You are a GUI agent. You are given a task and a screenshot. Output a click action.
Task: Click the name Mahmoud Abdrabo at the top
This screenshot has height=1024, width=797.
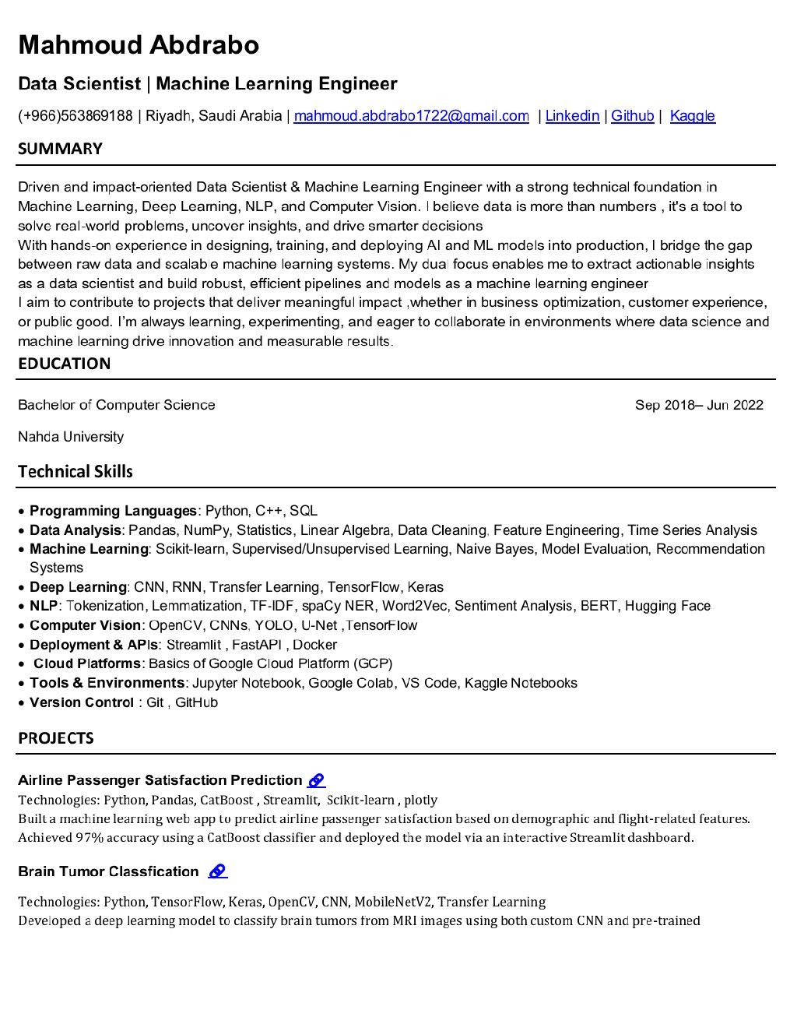pos(139,45)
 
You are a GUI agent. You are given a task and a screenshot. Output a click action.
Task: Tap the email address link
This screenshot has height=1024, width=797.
pos(411,116)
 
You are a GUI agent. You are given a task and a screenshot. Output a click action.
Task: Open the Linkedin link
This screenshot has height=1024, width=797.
pos(572,116)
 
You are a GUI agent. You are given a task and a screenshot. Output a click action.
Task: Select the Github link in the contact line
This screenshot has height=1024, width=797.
pos(632,116)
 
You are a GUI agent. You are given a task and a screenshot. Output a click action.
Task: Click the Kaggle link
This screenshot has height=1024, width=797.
pos(692,116)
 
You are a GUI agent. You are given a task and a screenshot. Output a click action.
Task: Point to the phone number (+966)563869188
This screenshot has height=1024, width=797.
pos(75,116)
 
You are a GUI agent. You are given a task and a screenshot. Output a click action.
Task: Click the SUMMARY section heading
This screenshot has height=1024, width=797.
pos(60,149)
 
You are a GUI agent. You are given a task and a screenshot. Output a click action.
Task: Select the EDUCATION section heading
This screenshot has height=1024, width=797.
pos(64,364)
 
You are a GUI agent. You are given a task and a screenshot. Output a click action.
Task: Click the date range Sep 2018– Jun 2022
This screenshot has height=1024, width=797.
pos(698,405)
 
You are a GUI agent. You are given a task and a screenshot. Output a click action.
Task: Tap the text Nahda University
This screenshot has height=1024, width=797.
pos(71,437)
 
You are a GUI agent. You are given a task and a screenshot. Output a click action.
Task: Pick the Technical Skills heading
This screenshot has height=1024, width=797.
pos(75,472)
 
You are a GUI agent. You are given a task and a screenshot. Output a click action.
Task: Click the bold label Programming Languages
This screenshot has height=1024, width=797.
pos(113,511)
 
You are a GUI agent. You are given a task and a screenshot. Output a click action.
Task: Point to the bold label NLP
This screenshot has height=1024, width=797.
pos(44,606)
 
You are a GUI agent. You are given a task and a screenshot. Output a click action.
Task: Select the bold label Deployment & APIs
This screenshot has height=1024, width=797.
pos(93,645)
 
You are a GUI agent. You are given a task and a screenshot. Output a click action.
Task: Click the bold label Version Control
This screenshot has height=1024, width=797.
pos(82,702)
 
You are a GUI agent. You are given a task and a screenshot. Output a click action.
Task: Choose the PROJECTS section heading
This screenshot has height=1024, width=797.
pos(56,738)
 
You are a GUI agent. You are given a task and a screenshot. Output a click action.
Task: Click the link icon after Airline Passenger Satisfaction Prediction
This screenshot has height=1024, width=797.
pos(316,780)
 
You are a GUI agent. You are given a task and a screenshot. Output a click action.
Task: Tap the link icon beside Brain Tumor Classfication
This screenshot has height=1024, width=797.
pos(218,871)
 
